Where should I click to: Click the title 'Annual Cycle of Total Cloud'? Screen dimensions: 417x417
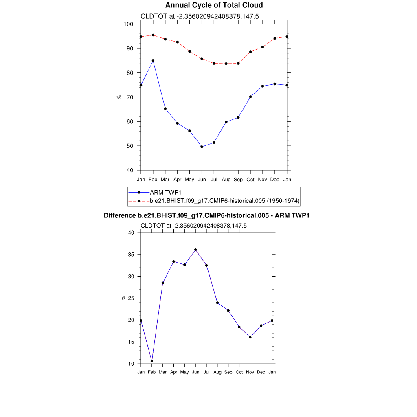208,5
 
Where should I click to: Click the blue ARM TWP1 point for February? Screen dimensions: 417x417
153,61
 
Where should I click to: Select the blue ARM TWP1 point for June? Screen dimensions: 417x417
202,147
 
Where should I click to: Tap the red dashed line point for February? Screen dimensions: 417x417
153,35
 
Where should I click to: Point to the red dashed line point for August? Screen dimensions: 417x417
226,64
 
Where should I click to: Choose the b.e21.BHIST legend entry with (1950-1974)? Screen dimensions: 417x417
225,201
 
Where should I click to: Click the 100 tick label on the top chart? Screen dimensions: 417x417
129,24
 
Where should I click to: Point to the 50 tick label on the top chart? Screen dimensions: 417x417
130,146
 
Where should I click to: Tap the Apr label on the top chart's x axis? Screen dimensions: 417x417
178,179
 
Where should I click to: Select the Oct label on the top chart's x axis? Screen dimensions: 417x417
250,179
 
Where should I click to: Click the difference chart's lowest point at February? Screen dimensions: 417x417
152,361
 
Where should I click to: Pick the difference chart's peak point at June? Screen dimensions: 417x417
195,250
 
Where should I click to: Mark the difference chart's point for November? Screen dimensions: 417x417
250,337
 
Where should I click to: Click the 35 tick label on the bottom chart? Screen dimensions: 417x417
131,255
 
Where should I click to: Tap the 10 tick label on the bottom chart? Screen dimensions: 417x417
131,364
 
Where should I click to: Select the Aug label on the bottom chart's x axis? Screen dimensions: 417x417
217,372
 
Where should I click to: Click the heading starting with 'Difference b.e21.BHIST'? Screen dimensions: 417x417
206,215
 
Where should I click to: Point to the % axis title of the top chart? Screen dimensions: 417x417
119,97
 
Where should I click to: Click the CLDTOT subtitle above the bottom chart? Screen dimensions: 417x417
193,226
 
